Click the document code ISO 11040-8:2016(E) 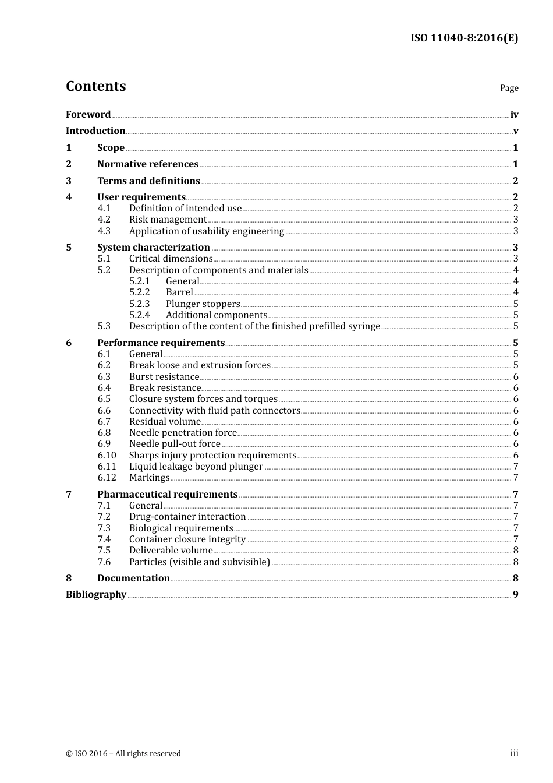coord(464,38)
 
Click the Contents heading coord(95,86)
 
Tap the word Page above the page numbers coord(509,88)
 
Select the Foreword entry coord(88,114)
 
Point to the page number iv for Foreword coord(514,115)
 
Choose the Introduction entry coord(95,130)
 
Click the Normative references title coord(148,164)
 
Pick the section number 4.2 coord(104,219)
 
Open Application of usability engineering coord(206,231)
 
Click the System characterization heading coord(153,247)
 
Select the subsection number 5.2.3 coord(139,304)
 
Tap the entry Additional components coord(216,315)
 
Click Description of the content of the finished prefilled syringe coord(254,326)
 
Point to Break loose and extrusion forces coord(200,365)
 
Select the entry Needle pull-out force coord(175,443)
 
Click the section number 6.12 coord(107,477)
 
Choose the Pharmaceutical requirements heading coord(167,494)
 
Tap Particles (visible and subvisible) coord(199,562)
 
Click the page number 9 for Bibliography coord(515,594)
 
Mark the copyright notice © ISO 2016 coord(123,753)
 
